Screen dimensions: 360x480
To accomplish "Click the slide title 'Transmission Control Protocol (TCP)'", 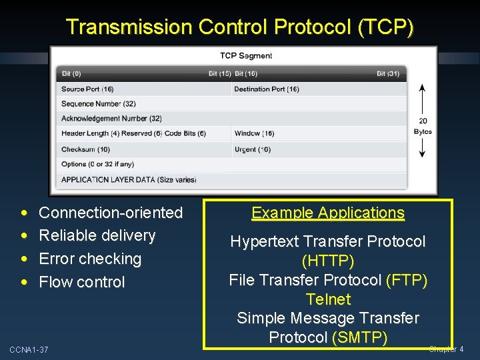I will pos(240,27).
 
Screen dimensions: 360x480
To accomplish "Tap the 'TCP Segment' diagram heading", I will pos(246,56).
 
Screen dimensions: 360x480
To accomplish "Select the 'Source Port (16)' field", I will pos(87,89).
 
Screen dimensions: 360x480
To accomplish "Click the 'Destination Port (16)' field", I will pos(267,89).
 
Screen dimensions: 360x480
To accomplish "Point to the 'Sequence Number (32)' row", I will pos(99,104).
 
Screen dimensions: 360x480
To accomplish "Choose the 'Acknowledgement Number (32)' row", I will pos(111,119).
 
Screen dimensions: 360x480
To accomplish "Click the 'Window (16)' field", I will pos(255,134).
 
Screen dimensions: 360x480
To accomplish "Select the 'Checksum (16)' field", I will pos(85,149).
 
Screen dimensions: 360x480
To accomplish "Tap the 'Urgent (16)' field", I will pos(253,149).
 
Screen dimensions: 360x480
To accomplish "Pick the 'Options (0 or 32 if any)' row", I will pos(97,164).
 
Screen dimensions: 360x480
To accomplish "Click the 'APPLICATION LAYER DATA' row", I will pos(129,179).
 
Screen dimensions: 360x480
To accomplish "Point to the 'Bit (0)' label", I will pos(71,73).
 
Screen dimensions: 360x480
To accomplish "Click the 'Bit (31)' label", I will pos(388,73).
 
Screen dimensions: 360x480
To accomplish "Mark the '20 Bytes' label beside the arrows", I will pos(423,126).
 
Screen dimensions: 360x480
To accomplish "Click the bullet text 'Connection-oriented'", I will pos(111,213).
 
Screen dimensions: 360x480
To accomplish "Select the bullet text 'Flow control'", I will pos(82,282).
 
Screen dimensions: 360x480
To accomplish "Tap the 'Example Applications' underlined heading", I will pos(328,213).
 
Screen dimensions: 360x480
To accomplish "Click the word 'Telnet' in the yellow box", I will pos(328,299).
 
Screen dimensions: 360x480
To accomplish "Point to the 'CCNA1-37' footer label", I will pos(29,350).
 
